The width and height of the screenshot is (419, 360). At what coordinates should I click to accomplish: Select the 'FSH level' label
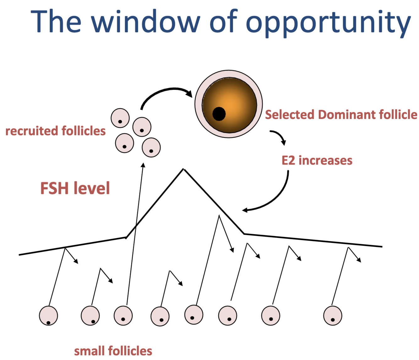coord(75,188)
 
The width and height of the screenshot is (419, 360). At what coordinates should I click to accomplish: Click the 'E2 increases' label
coord(317,160)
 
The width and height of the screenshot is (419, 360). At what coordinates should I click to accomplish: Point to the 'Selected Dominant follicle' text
coord(341,115)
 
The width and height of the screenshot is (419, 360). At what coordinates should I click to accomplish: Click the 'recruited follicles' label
coord(56,131)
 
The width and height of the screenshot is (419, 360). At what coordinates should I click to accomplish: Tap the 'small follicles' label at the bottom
coord(113,351)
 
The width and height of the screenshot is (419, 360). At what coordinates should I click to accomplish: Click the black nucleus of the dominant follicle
coord(219,114)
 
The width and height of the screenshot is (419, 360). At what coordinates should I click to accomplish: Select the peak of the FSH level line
coord(183,169)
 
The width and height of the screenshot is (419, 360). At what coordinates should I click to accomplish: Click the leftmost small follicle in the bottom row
coord(48,315)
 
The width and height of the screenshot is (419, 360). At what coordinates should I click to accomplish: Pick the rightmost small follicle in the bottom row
coord(333,315)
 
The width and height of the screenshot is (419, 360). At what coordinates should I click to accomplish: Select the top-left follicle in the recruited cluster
coord(120,118)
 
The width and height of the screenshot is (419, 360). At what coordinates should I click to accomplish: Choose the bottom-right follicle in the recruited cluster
coord(151,147)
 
